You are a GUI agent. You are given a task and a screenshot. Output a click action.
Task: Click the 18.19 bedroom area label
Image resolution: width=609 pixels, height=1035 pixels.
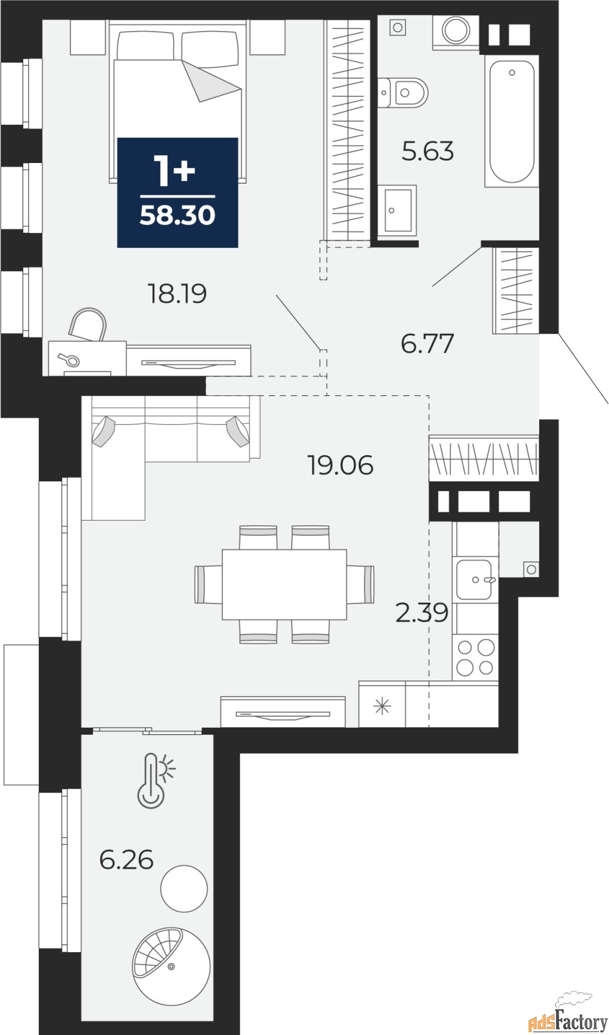177,294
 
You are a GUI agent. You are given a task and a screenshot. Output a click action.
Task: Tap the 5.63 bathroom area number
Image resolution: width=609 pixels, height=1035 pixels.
427,151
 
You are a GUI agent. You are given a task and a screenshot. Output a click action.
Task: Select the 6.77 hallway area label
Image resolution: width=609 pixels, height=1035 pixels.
427,343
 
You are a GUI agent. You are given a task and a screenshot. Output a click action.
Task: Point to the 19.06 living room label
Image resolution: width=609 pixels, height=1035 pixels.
341,465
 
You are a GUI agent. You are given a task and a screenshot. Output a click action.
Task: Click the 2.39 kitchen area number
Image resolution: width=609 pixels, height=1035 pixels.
422,613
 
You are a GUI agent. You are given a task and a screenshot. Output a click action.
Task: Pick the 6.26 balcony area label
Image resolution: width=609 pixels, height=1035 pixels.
127,860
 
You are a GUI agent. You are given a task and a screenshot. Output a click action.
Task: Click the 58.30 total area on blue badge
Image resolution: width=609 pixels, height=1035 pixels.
178,215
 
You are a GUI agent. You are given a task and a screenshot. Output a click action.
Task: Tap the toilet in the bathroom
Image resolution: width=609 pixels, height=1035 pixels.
403,93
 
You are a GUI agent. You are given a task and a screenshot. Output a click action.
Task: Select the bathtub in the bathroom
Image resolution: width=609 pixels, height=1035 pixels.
511,121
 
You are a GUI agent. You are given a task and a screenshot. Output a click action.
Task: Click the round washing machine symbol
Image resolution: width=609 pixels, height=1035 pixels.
456,30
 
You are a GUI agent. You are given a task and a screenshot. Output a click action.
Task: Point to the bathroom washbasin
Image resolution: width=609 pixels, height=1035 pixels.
397,210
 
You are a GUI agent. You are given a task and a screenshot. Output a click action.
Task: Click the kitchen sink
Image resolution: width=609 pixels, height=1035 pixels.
475,580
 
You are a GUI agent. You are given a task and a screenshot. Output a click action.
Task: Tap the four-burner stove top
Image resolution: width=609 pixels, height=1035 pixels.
475,657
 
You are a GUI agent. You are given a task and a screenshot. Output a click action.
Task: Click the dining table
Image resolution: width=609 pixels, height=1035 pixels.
284,584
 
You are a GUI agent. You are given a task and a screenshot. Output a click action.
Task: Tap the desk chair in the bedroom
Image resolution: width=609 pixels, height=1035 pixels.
88,324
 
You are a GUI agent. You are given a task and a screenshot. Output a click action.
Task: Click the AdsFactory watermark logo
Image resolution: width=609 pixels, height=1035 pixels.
568,1016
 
